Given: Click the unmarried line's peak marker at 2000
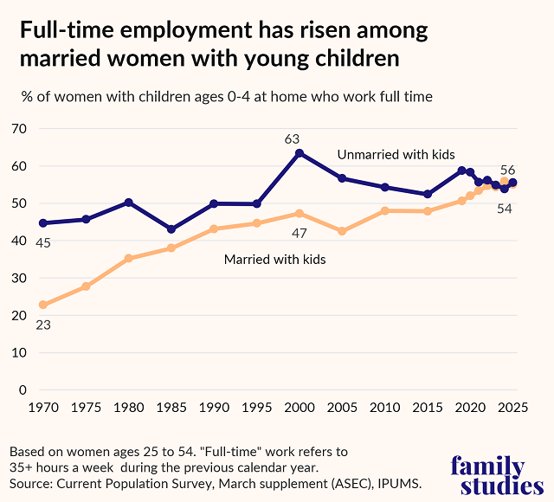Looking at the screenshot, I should coord(300,153).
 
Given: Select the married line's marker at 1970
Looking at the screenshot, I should coord(43,305).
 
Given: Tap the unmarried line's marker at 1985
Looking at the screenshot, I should coord(171,229).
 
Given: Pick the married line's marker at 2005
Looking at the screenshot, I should coord(342,231).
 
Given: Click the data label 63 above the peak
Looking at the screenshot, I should coord(292,138).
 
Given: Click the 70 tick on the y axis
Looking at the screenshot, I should coord(19,129).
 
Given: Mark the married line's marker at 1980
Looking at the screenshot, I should coord(129,258).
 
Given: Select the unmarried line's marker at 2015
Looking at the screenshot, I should coord(428,194).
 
